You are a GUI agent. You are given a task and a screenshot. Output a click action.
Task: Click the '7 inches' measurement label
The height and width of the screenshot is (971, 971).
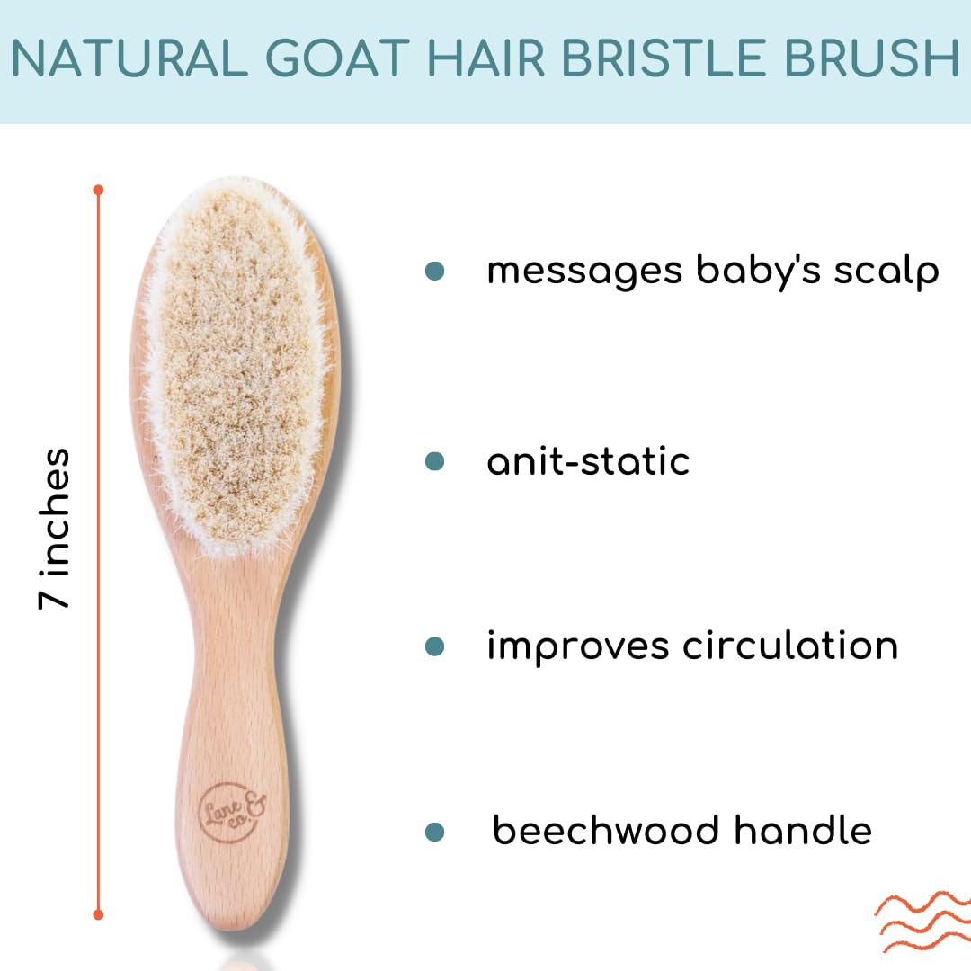coord(54,529)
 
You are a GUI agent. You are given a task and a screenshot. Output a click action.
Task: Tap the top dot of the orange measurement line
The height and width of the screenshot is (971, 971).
coord(98,190)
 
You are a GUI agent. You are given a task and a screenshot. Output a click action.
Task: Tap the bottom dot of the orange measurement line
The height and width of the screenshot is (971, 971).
coord(98,914)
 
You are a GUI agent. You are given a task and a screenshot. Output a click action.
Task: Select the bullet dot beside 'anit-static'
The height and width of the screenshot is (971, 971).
coord(435,461)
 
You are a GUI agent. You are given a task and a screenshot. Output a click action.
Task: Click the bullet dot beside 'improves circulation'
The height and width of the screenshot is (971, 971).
coord(435,646)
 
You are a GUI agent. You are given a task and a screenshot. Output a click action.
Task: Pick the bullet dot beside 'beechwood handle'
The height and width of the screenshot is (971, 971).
coord(435,832)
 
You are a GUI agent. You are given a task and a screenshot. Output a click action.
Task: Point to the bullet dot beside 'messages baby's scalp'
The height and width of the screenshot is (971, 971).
coord(435,271)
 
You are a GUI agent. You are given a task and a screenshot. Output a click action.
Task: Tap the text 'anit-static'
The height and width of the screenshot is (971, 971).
coord(588,461)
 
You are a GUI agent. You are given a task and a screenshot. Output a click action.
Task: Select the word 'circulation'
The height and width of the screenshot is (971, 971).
coord(790,646)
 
